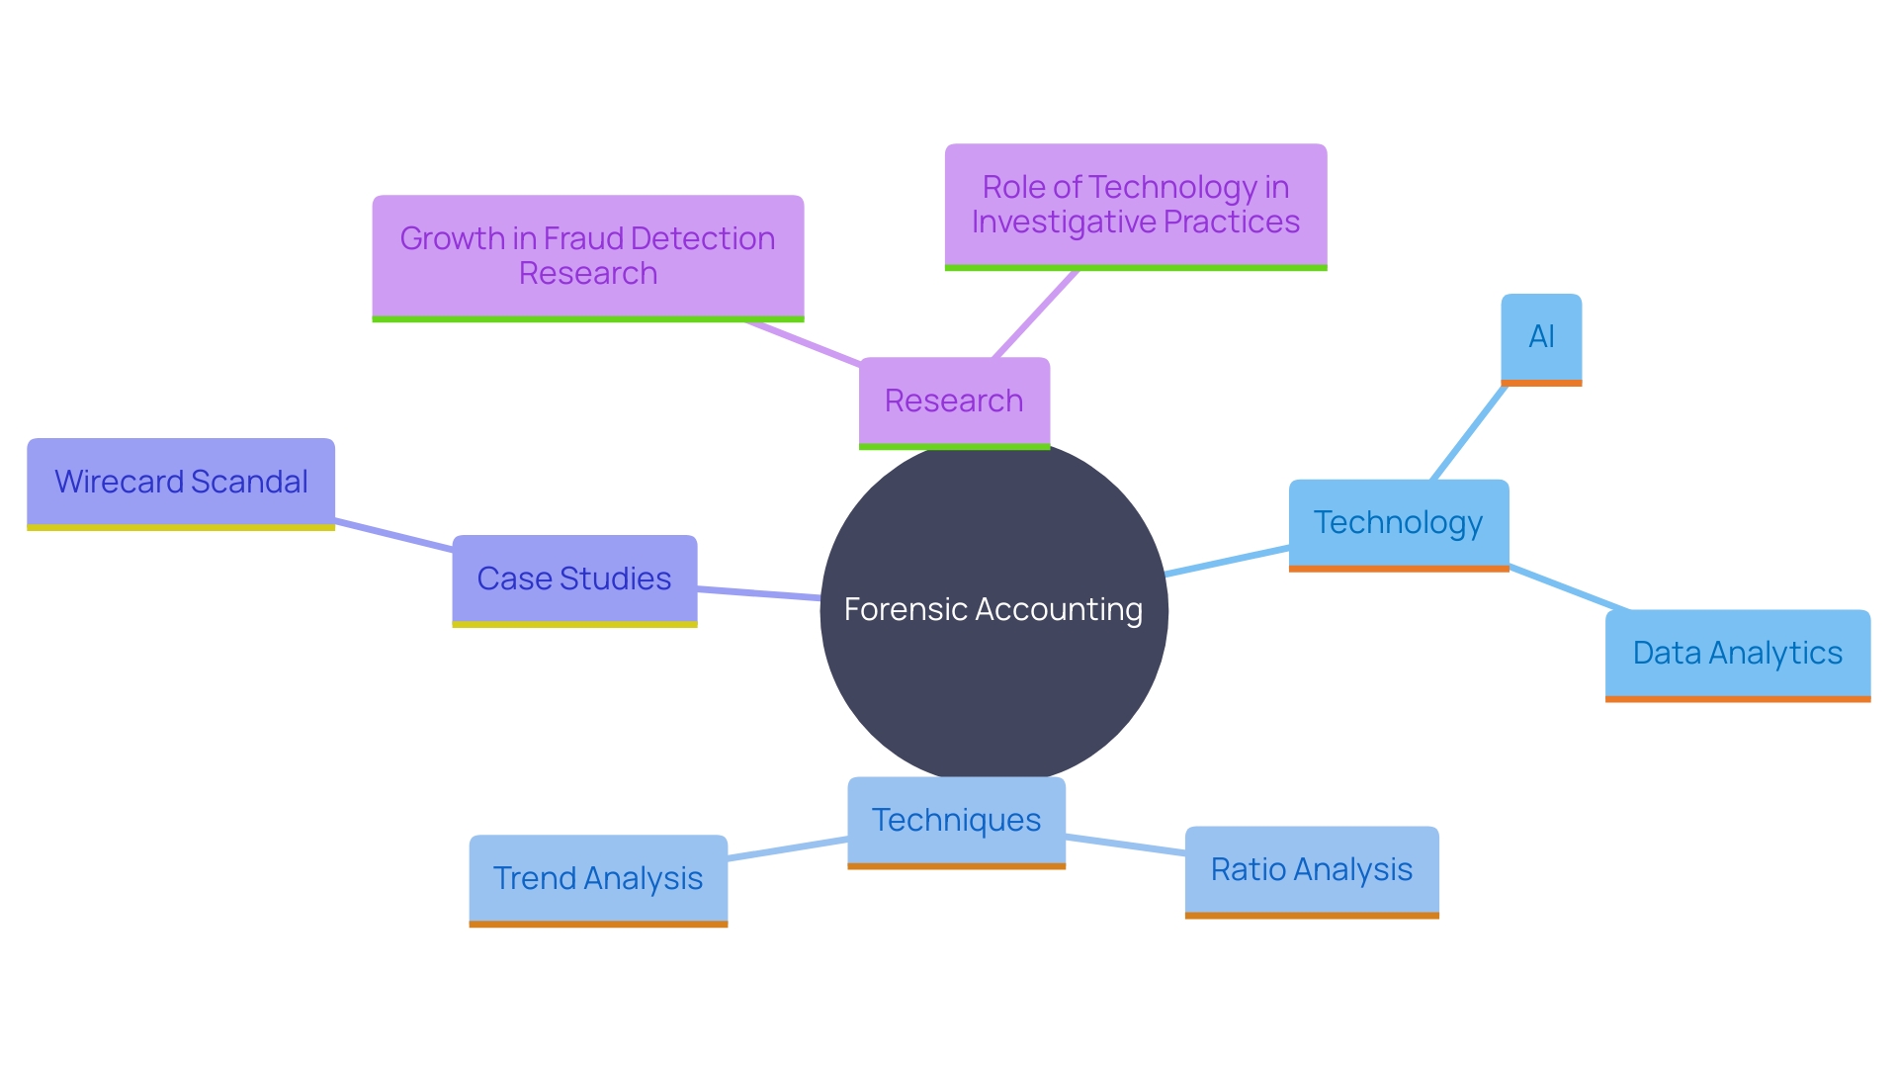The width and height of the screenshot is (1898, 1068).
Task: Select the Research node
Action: point(954,401)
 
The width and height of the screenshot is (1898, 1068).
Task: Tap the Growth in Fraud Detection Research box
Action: point(587,256)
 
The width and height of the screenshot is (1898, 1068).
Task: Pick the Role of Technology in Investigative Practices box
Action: point(1135,205)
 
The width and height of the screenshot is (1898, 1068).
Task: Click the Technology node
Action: point(1398,523)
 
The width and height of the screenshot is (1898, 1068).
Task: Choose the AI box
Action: point(1541,337)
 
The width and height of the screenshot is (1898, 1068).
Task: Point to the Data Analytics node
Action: point(1737,654)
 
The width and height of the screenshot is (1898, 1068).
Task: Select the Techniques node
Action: point(956,821)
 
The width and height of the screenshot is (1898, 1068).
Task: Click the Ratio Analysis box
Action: point(1311,870)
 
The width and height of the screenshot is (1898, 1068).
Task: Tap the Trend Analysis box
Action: point(597,879)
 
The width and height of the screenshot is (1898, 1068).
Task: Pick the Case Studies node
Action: point(574,579)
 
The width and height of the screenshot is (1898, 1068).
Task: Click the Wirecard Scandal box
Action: point(181,483)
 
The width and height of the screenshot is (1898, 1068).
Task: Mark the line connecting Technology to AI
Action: point(1469,432)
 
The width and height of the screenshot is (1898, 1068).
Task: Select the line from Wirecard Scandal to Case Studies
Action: point(393,535)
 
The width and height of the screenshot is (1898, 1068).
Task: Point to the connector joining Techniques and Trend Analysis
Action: point(787,849)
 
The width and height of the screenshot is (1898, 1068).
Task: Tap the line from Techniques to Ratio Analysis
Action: point(1125,845)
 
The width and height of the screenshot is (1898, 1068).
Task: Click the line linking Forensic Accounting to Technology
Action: point(1228,560)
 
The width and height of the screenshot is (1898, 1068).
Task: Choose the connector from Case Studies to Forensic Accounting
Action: point(758,593)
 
